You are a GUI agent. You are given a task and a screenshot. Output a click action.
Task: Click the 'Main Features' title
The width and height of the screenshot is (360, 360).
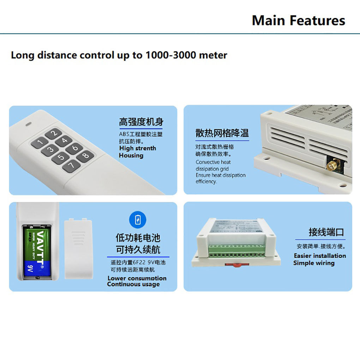pyautogui.click(x=298, y=20)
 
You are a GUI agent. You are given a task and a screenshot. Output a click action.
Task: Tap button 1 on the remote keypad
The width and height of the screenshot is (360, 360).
pyautogui.click(x=40, y=143)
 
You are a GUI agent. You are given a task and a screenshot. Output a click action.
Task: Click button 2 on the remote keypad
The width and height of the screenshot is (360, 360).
pyautogui.click(x=53, y=133)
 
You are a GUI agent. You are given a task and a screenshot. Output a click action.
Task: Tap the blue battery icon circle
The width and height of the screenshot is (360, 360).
pyautogui.click(x=138, y=220)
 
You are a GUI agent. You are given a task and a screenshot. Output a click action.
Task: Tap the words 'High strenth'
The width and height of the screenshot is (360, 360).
pyautogui.click(x=137, y=148)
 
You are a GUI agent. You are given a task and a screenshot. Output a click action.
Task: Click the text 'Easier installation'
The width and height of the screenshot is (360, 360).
pyautogui.click(x=320, y=256)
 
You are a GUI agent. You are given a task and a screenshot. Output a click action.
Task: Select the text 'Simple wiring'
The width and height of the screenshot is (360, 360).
pyautogui.click(x=314, y=263)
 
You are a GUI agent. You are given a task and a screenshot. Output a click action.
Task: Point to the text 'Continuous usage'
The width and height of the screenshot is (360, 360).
pyautogui.click(x=133, y=284)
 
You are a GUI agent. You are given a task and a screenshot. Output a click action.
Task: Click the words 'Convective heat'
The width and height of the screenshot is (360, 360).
pyautogui.click(x=213, y=162)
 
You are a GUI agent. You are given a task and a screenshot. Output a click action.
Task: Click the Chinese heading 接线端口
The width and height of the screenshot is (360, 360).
pyautogui.click(x=326, y=232)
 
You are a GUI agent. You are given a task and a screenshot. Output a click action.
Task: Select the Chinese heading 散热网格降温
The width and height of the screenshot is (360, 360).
pyautogui.click(x=222, y=133)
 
